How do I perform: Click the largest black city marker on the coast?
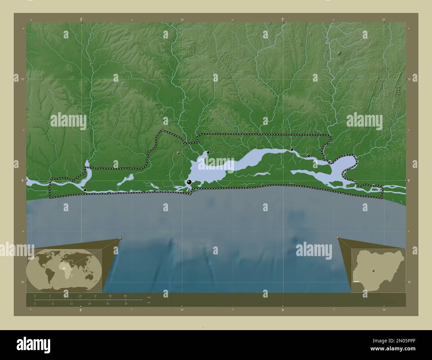(x=189, y=182)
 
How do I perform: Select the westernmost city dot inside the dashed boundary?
(x=85, y=190)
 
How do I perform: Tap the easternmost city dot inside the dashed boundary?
(x=308, y=155)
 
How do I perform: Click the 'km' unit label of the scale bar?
(x=149, y=297)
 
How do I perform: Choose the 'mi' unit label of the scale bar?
(x=149, y=303)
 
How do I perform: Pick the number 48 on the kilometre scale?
(x=125, y=296)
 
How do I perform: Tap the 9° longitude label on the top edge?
(x=283, y=20)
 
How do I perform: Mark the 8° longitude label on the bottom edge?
(x=81, y=310)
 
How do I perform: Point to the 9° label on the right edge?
(x=410, y=180)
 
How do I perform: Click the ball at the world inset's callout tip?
(x=120, y=238)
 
